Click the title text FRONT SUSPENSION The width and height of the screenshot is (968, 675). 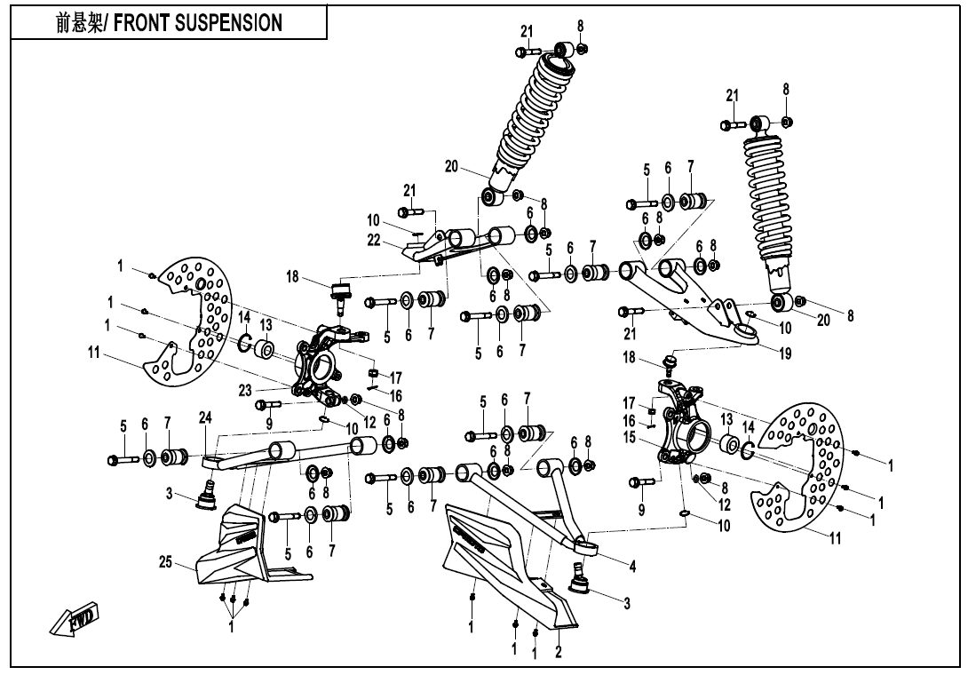169,22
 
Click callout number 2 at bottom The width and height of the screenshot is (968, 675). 558,652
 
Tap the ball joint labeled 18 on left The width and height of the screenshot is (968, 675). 338,295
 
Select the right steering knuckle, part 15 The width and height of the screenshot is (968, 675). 684,426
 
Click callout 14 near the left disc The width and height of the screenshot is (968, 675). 243,317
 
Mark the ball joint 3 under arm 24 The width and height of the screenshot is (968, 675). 207,493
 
